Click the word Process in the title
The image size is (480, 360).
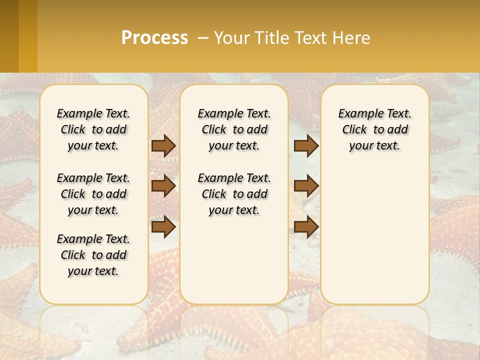coord(154,37)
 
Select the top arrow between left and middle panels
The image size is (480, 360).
coord(163,145)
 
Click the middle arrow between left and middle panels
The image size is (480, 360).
coord(163,186)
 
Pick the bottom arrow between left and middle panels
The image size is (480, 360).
coord(163,226)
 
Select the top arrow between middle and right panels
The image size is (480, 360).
coord(306,145)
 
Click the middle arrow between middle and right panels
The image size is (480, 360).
coord(306,186)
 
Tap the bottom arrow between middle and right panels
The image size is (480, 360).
coord(306,226)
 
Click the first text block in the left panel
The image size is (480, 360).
coord(93,129)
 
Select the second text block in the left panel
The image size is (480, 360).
coord(93,194)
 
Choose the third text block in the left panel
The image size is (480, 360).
coord(93,255)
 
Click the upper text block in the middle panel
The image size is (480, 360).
coord(234,129)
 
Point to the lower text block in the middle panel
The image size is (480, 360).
coord(234,194)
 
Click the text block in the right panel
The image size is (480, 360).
coord(374,129)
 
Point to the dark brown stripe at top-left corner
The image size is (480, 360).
coord(9,36)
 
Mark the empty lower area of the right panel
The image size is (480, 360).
coord(374,235)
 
